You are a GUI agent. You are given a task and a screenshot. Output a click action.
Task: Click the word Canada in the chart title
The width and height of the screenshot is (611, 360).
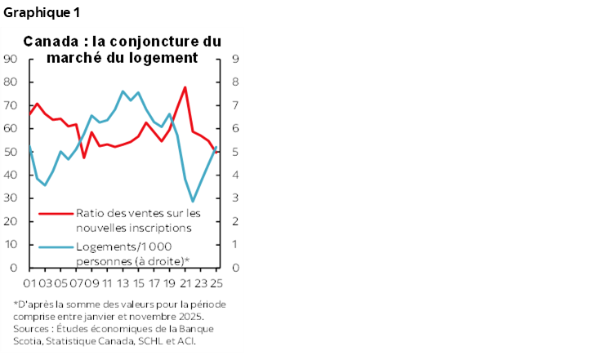tap(47, 41)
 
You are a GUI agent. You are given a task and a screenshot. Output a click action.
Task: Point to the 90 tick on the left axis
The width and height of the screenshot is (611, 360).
tap(11, 59)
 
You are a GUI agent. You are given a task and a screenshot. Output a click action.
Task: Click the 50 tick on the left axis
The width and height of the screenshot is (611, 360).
tap(11, 152)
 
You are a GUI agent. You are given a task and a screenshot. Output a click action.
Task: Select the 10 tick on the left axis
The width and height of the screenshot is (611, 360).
tap(11, 245)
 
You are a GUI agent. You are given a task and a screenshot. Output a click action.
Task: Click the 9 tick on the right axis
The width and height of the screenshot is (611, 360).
tap(235, 59)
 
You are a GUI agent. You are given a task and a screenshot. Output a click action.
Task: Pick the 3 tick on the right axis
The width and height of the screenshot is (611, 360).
tap(235, 198)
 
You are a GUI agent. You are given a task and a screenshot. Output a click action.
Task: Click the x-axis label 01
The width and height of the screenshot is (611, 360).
tap(29, 283)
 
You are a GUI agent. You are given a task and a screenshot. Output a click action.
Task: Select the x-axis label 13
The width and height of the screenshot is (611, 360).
tap(123, 283)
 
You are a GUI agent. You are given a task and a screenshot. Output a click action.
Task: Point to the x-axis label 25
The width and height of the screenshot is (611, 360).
tap(216, 283)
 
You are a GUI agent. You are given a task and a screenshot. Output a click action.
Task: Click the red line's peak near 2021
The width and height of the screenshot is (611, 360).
tap(185, 87)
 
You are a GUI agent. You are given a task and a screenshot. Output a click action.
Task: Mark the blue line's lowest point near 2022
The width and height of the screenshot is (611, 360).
tap(194, 201)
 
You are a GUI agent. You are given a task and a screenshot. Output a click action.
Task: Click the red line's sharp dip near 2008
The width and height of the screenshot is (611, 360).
tap(84, 157)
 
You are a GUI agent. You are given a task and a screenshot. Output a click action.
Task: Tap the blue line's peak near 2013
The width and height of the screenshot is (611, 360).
tap(123, 91)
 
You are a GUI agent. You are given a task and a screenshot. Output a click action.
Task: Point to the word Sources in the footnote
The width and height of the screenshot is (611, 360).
tap(30, 330)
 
